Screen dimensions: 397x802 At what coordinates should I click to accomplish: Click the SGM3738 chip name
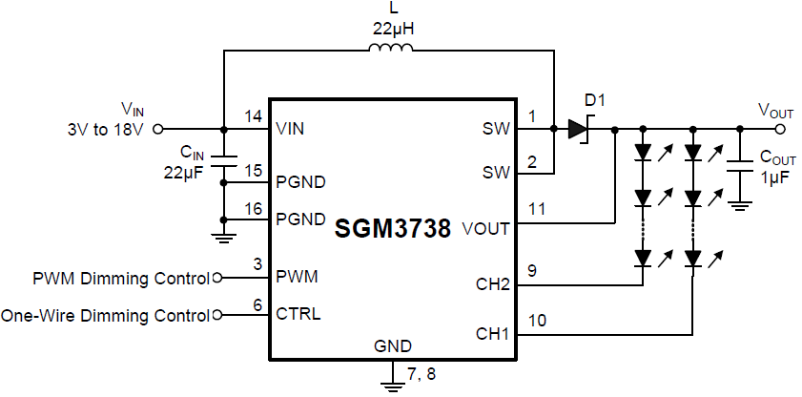(x=393, y=230)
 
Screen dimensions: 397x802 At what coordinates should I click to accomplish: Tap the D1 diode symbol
(x=578, y=128)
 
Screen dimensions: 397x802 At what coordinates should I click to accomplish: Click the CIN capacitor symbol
(x=222, y=161)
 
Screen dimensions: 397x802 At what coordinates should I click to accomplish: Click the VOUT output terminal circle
(x=781, y=128)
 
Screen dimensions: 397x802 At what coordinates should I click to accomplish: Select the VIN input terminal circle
(x=158, y=128)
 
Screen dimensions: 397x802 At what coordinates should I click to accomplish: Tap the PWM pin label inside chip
(x=297, y=278)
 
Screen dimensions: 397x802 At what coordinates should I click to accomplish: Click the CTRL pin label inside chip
(x=298, y=314)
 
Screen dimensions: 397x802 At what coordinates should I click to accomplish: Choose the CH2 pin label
(x=492, y=284)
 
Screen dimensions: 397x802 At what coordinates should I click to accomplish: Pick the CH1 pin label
(x=492, y=334)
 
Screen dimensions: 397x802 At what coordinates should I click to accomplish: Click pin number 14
(x=253, y=116)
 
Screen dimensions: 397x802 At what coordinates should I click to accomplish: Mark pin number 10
(x=536, y=321)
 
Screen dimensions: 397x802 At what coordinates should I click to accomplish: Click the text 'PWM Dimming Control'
(x=120, y=279)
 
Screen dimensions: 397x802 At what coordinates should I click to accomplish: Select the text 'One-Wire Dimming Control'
(x=105, y=315)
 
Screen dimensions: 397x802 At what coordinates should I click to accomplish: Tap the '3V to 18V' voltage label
(x=104, y=128)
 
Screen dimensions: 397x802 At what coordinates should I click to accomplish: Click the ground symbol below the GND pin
(x=392, y=384)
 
